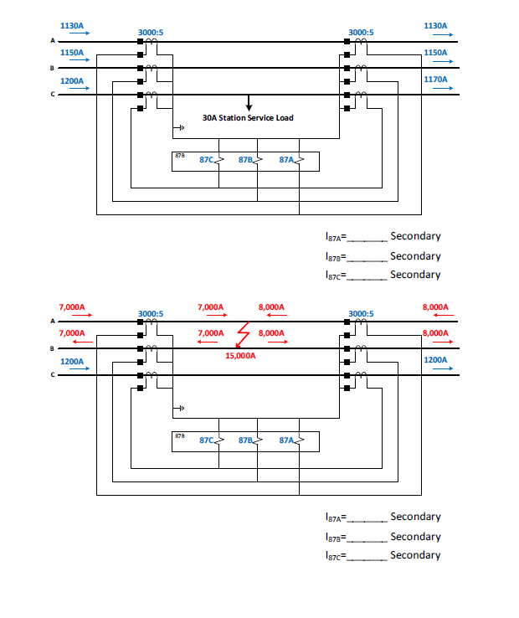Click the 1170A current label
click(x=435, y=80)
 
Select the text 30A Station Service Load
click(x=248, y=118)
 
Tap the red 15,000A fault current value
click(x=240, y=355)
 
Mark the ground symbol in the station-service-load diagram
click(x=177, y=128)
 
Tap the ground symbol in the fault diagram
click(x=177, y=409)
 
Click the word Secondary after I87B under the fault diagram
click(x=415, y=536)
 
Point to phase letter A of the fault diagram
click(x=53, y=321)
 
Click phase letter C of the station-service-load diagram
click(x=53, y=95)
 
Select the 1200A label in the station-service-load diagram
click(x=73, y=80)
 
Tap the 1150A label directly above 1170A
click(x=435, y=53)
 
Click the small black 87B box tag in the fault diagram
click(x=180, y=435)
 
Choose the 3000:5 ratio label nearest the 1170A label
click(x=361, y=33)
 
